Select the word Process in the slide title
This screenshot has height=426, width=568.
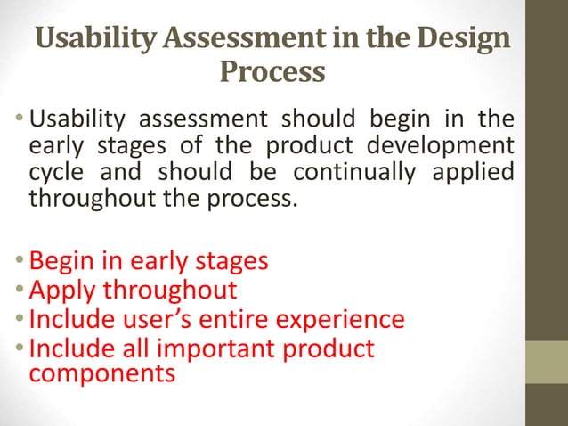272,70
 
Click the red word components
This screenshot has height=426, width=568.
101,373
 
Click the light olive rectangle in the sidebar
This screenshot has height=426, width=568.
546,362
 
